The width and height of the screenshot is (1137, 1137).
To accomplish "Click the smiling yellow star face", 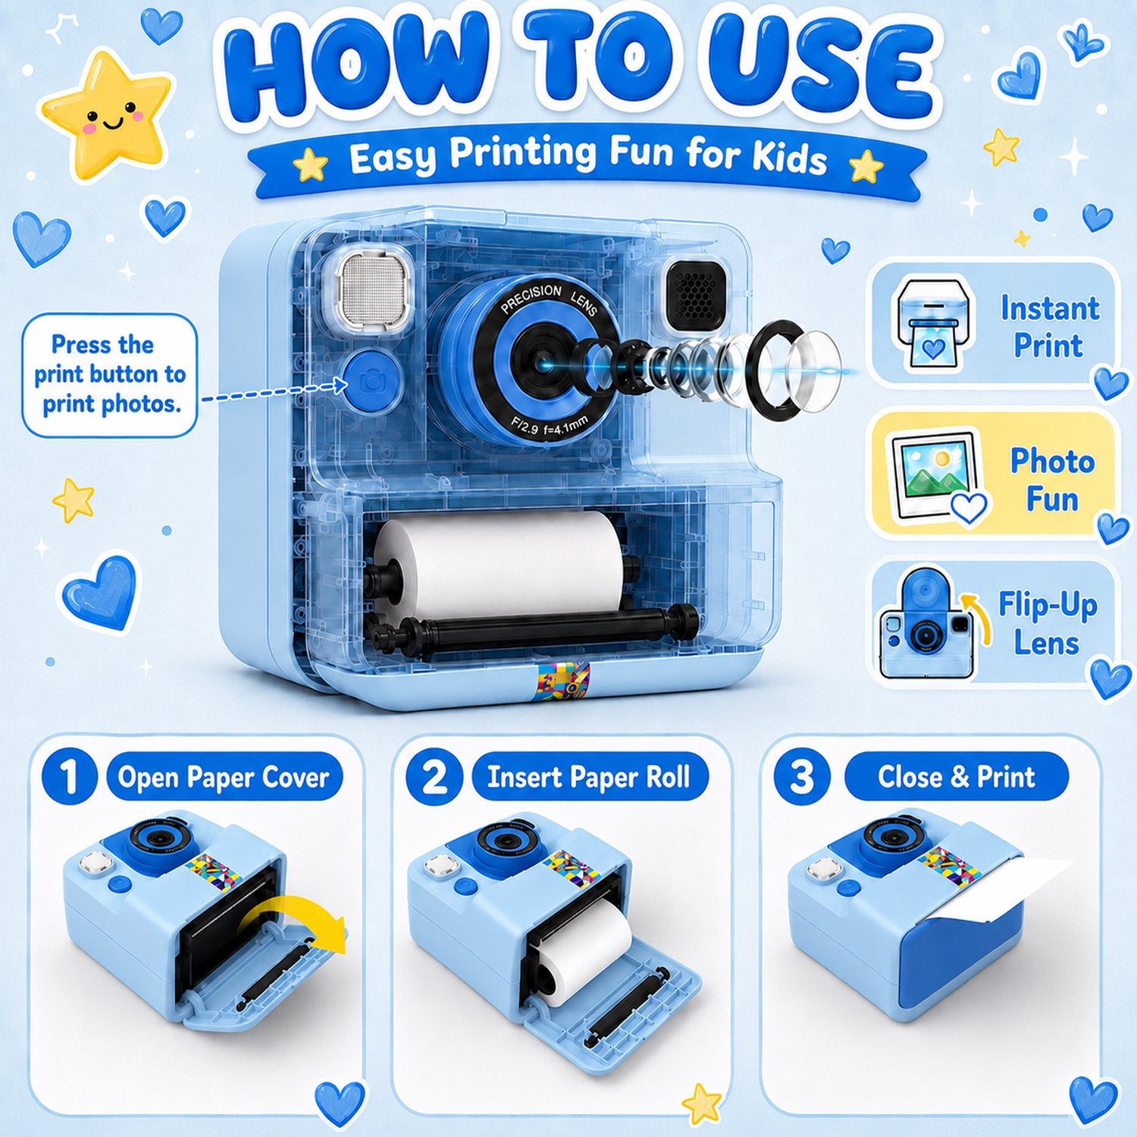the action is click(x=107, y=115).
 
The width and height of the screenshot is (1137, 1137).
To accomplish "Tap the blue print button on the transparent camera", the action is click(x=371, y=381).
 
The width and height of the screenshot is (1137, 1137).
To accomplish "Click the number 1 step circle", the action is click(x=70, y=777).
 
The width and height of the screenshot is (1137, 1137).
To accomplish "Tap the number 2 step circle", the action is click(x=434, y=777).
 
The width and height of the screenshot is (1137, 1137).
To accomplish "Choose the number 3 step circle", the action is click(x=801, y=777).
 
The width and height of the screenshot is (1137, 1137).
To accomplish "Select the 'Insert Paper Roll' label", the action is click(x=588, y=777).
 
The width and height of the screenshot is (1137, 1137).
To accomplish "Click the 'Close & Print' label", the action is click(x=956, y=777).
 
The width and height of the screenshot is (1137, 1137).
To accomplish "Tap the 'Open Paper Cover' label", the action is click(x=224, y=777).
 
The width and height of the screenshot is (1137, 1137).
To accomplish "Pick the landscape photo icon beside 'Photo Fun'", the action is click(x=937, y=478).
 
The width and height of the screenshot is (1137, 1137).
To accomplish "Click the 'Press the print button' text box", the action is click(x=109, y=375).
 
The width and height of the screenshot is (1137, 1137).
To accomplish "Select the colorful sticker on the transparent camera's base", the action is click(x=562, y=678).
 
